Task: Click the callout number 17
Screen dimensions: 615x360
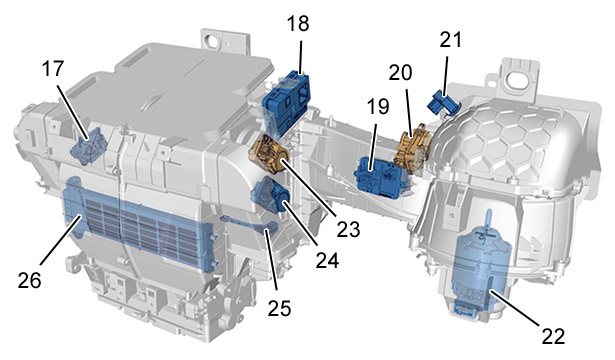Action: [x=53, y=69]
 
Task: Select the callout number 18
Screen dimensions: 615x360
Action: [x=298, y=23]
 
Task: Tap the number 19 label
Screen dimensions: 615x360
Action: [x=378, y=107]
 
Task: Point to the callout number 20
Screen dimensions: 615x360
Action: [x=400, y=73]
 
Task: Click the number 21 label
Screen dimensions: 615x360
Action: [x=451, y=40]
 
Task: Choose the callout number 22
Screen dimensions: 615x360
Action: [x=553, y=336]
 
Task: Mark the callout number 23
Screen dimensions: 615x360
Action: [x=348, y=229]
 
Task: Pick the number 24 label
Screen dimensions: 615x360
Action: [x=328, y=260]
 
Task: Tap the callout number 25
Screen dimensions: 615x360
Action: [x=280, y=308]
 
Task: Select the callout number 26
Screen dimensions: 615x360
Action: [x=29, y=280]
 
